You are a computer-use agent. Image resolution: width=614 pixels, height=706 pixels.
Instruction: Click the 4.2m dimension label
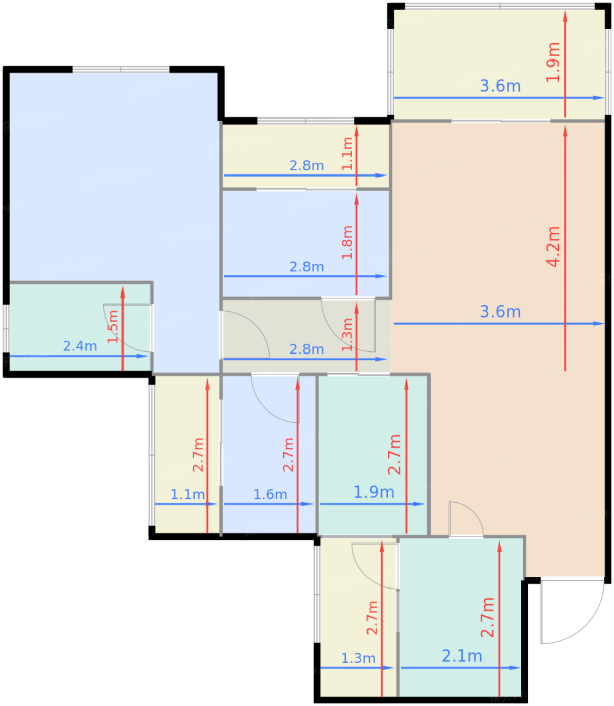pyautogui.click(x=553, y=247)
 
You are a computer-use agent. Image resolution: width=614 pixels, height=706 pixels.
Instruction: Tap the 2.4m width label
pyautogui.click(x=80, y=346)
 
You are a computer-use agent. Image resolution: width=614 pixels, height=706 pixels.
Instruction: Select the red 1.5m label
pyautogui.click(x=113, y=326)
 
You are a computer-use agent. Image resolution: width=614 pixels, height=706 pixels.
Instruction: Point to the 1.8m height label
pyautogui.click(x=347, y=242)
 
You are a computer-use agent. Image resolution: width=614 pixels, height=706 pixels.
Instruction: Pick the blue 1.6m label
pyautogui.click(x=270, y=494)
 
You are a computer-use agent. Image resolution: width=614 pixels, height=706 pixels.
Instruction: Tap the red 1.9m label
pyautogui.click(x=553, y=62)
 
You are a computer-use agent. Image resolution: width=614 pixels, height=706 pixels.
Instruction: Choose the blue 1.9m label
pyautogui.click(x=374, y=492)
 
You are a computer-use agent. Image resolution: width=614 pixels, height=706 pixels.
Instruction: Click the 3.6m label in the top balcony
pyautogui.click(x=500, y=86)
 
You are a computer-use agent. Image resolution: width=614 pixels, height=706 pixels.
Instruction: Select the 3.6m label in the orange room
pyautogui.click(x=500, y=311)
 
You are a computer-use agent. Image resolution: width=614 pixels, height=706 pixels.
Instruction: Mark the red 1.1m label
pyautogui.click(x=347, y=153)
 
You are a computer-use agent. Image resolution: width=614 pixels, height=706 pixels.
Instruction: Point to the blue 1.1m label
pyautogui.click(x=188, y=494)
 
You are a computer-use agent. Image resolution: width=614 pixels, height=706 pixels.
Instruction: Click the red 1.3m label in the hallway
pyautogui.click(x=347, y=334)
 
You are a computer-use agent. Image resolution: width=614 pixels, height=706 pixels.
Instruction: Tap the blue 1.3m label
pyautogui.click(x=358, y=658)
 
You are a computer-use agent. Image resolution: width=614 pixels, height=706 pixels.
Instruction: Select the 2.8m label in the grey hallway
pyautogui.click(x=306, y=349)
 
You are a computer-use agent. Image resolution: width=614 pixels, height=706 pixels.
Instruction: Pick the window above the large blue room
pyautogui.click(x=120, y=69)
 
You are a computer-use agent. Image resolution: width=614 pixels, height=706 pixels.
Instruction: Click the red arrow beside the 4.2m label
pyautogui.click(x=565, y=248)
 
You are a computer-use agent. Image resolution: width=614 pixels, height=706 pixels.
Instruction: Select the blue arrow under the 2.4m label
pyautogui.click(x=79, y=356)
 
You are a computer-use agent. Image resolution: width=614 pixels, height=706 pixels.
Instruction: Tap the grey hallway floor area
pyautogui.click(x=296, y=328)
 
